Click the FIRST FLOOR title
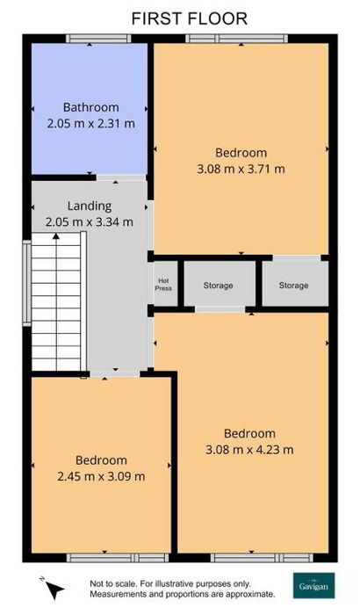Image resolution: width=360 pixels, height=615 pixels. pos(189,18)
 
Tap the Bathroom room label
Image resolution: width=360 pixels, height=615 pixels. pos(91,107)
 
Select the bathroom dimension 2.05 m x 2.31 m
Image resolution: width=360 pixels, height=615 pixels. pos(91,124)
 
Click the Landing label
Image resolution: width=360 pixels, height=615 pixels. pos(90,206)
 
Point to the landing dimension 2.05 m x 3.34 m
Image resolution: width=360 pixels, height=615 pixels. pos(90,222)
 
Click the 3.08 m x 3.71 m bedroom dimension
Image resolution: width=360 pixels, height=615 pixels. pos(241,169)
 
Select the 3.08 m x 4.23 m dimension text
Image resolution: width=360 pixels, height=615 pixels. pos(249,450)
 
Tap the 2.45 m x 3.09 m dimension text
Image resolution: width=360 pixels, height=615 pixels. pos(101,476)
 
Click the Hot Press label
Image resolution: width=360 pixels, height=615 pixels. pos(163,285)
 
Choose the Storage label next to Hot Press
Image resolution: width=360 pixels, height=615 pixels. pos(218,286)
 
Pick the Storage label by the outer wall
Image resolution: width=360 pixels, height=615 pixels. pos(294,286)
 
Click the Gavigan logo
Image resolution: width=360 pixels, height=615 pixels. pos(314,586)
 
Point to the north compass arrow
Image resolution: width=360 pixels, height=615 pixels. pos(54,590)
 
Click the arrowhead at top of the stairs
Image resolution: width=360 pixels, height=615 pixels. pos(56,235)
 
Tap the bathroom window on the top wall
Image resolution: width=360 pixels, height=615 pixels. pos(98,39)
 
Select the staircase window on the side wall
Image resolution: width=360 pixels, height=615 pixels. pos(26,283)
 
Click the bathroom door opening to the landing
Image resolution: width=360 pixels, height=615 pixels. pos(121,177)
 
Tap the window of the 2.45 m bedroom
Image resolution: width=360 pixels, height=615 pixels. pos(118,557)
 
